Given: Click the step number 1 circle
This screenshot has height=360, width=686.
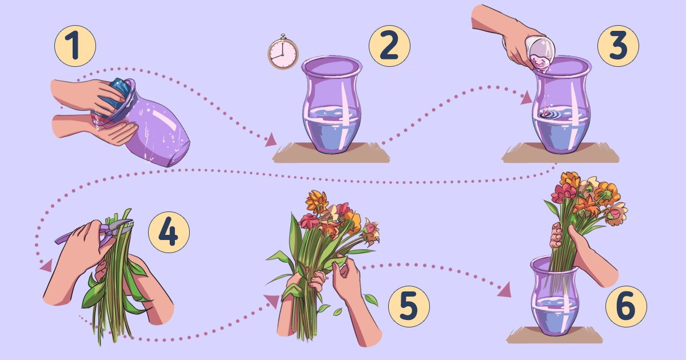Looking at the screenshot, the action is pos(75,46).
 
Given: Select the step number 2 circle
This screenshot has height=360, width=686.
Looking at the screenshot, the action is pos(389,46).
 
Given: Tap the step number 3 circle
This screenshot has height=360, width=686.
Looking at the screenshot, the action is pos(618,46).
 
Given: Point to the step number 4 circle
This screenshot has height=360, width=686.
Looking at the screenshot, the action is pos(169,232).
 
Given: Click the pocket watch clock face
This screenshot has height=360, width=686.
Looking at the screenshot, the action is pos(283,54).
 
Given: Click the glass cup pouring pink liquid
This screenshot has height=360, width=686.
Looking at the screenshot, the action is pos(541,52).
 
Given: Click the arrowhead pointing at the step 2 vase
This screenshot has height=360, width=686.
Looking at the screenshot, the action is pos(270,140).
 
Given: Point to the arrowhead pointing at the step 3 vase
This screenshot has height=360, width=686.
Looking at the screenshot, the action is pos(526,98).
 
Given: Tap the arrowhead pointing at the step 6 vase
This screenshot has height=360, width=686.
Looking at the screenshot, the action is pos(505,290).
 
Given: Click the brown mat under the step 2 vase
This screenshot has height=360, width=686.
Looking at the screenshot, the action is pos(331,153).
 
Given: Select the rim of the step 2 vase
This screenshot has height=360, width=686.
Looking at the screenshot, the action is pos(332,66).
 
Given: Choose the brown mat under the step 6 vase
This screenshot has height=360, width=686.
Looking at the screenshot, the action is pos(555,335).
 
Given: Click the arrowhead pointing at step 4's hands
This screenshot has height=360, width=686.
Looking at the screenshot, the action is pos(46,266).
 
